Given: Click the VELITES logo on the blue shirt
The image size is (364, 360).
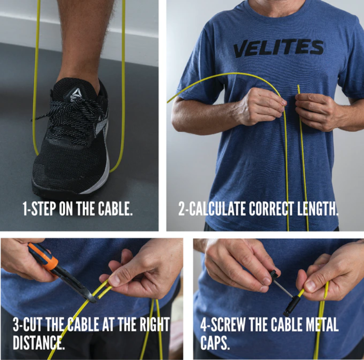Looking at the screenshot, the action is click(x=278, y=48).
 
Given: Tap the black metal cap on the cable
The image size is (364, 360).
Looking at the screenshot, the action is click(x=292, y=306).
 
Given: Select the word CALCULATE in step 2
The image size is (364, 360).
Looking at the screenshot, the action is click(x=217, y=209).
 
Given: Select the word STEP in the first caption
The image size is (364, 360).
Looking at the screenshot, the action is click(x=44, y=208).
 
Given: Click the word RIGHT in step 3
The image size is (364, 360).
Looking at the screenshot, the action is click(x=154, y=324).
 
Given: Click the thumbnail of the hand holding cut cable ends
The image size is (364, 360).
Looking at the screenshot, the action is click(x=115, y=281).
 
